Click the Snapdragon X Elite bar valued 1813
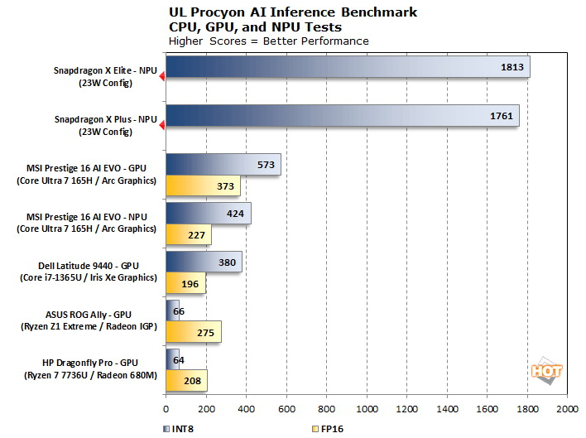(348, 67)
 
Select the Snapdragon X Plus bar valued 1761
(342, 116)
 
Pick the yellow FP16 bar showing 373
(203, 186)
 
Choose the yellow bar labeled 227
(189, 235)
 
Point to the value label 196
(190, 284)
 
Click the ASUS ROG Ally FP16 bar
(194, 332)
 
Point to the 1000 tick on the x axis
(367, 409)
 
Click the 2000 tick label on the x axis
(567, 409)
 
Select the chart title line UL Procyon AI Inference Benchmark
(292, 12)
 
